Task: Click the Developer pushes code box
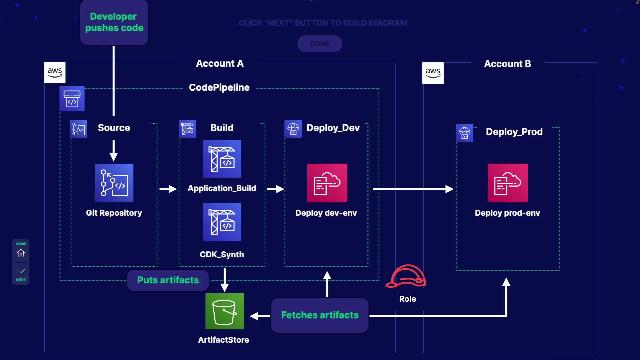click(114, 22)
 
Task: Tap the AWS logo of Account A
click(55, 72)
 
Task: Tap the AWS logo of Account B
click(433, 73)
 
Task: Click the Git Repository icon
click(114, 183)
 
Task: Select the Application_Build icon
click(222, 159)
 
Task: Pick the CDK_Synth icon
click(222, 222)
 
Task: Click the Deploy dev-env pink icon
click(327, 183)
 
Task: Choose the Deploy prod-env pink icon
click(507, 183)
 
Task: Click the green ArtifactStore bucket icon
click(224, 311)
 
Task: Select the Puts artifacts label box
click(168, 280)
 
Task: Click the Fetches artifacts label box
click(320, 315)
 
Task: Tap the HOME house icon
click(21, 253)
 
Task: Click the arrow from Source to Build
click(168, 189)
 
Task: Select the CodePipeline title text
click(219, 87)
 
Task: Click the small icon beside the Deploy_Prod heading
click(464, 133)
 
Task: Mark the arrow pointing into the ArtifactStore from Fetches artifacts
click(260, 316)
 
